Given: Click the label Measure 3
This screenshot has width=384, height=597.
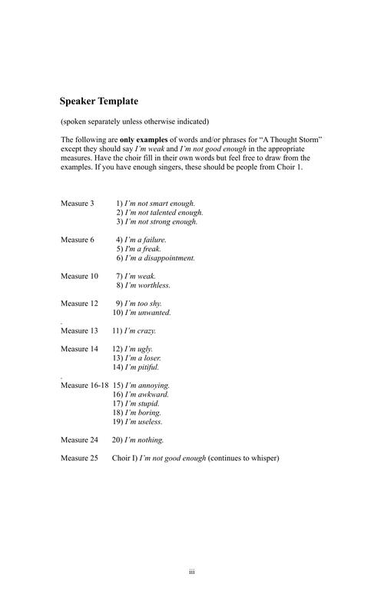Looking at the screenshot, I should [x=78, y=203].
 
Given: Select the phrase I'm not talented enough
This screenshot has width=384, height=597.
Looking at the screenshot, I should [x=164, y=212].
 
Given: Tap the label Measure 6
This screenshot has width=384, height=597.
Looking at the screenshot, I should [x=78, y=240].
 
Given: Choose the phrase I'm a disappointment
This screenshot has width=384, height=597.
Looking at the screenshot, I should [x=161, y=258].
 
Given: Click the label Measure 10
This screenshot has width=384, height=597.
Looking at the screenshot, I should [x=80, y=276].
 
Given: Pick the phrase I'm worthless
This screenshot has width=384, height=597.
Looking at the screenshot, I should [x=147, y=285].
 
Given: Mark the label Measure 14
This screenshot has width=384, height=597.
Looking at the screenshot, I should [x=80, y=349].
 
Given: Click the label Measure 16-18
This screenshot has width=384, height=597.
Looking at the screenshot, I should [x=84, y=385].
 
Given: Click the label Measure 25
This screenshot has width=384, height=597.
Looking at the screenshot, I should [x=80, y=459].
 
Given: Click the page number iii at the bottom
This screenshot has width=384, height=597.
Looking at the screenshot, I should [x=192, y=572].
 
